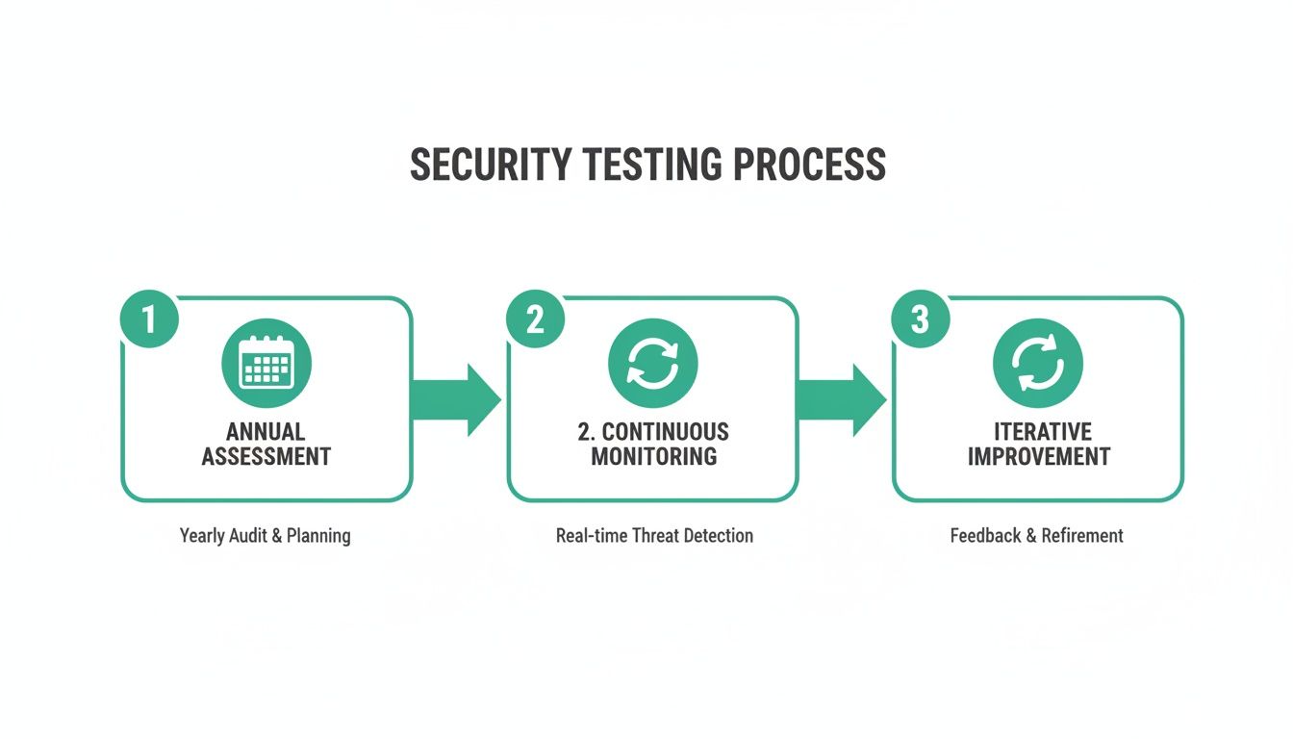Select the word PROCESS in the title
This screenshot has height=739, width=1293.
[809, 165]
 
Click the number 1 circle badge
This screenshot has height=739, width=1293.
[149, 319]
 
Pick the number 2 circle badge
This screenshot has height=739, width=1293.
[535, 319]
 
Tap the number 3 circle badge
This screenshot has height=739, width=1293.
[920, 319]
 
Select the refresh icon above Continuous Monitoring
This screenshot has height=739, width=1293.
[652, 364]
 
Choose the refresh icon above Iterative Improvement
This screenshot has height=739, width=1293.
[1037, 364]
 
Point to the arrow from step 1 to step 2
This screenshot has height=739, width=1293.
[455, 399]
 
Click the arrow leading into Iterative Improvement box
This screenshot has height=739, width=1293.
[841, 399]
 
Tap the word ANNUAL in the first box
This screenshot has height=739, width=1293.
[266, 431]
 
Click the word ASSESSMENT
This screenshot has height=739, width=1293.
[266, 456]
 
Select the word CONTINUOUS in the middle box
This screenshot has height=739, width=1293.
[666, 431]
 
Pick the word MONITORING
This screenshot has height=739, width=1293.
[653, 456]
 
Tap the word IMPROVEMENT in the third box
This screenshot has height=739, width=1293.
[1039, 456]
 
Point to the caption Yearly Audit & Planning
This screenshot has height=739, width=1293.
[265, 535]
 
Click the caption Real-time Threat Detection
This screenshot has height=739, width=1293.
[654, 535]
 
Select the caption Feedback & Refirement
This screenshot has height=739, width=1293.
[1036, 535]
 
